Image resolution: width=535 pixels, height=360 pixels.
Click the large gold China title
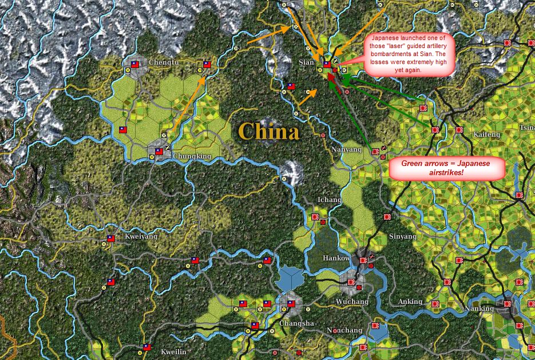(x=268, y=132)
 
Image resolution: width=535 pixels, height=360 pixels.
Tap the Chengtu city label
(x=163, y=62)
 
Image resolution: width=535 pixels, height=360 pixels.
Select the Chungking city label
(x=192, y=156)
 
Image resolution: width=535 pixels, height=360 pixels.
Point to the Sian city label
(x=307, y=62)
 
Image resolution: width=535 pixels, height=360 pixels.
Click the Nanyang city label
(x=347, y=149)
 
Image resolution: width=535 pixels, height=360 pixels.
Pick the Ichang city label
(x=329, y=200)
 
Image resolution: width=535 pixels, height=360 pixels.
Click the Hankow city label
(x=336, y=258)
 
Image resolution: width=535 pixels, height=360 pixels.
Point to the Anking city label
(x=410, y=302)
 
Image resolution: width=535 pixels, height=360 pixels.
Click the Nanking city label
(x=479, y=308)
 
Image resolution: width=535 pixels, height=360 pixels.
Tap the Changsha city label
(x=296, y=323)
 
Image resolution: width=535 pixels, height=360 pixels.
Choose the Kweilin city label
(x=173, y=352)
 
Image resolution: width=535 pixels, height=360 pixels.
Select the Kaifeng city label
(x=487, y=134)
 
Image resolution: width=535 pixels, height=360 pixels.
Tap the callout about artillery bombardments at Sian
(x=409, y=53)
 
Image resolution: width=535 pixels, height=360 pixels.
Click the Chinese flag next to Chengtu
(x=135, y=64)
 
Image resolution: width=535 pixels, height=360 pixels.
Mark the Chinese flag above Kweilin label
(x=146, y=347)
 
